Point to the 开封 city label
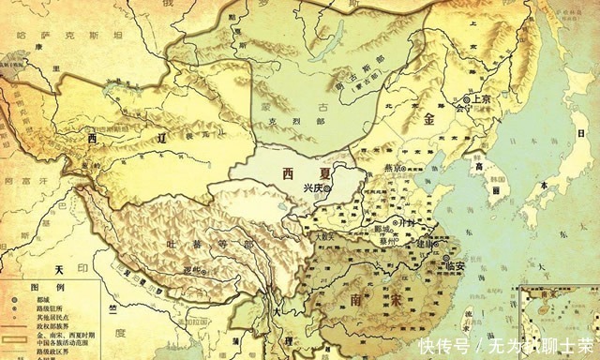(x=405, y=225)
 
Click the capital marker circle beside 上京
(x=467, y=98)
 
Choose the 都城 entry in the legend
(x=48, y=298)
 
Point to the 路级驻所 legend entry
(x=53, y=308)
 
